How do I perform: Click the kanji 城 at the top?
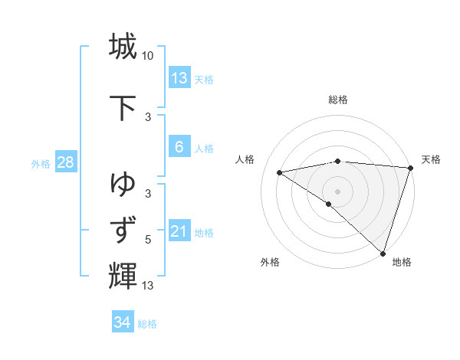pyautogui.click(x=123, y=46)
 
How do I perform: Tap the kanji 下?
pyautogui.click(x=123, y=106)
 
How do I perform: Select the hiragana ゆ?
pyautogui.click(x=123, y=184)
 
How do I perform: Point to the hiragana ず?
pyautogui.click(x=123, y=230)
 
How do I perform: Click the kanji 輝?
pyautogui.click(x=123, y=274)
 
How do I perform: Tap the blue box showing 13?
pyautogui.click(x=179, y=78)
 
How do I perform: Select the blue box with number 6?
pyautogui.click(x=179, y=147)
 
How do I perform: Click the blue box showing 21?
pyautogui.click(x=179, y=231)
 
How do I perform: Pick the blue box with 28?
pyautogui.click(x=65, y=162)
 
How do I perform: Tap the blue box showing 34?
pyautogui.click(x=123, y=322)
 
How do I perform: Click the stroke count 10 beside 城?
pyautogui.click(x=149, y=56)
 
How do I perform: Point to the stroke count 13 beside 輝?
pyautogui.click(x=148, y=286)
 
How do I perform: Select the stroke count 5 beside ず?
pyautogui.click(x=148, y=240)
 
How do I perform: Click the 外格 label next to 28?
pyautogui.click(x=41, y=163)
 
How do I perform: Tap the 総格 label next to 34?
pyautogui.click(x=147, y=323)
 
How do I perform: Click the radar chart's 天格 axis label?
pyautogui.click(x=431, y=159)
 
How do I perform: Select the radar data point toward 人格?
pyautogui.click(x=280, y=173)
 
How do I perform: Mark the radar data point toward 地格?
pyautogui.click(x=383, y=253)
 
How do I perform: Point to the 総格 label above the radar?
pyautogui.click(x=337, y=100)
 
